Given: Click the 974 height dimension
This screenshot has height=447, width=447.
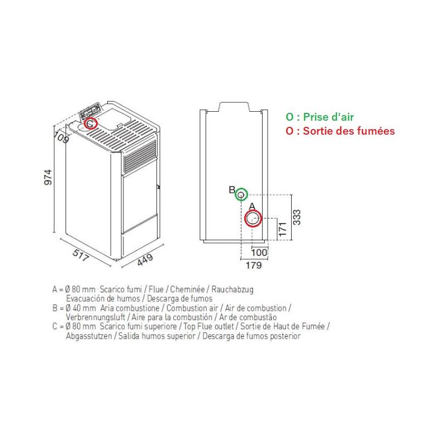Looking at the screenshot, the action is pyautogui.click(x=48, y=177).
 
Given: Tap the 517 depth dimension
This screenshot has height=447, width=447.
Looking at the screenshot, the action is pyautogui.click(x=81, y=255).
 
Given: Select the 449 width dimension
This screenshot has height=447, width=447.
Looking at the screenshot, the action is pyautogui.click(x=145, y=259).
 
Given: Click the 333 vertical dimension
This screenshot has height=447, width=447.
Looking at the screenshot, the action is pyautogui.click(x=297, y=217).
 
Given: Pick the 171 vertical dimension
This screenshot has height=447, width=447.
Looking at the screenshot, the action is pyautogui.click(x=282, y=229).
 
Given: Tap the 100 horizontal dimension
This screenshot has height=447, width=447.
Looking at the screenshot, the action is pyautogui.click(x=259, y=253).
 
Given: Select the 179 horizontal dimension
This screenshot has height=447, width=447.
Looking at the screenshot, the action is pyautogui.click(x=254, y=265).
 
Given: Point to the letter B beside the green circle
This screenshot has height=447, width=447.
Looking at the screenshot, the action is pyautogui.click(x=232, y=190).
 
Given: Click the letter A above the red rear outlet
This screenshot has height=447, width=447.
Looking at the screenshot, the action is pyautogui.click(x=252, y=206).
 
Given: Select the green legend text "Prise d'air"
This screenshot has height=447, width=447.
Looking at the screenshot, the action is pyautogui.click(x=328, y=117).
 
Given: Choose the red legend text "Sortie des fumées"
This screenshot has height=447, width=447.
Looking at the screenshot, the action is pyautogui.click(x=349, y=131).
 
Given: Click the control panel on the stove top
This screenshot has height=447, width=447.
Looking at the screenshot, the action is pyautogui.click(x=90, y=111).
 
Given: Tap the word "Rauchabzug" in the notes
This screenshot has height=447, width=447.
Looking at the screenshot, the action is pyautogui.click(x=232, y=289).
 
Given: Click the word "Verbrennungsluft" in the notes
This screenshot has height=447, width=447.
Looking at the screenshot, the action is pyautogui.click(x=95, y=317).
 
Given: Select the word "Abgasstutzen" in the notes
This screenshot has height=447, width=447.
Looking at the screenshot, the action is pyautogui.click(x=89, y=336).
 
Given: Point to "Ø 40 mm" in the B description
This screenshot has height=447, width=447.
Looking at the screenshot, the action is pyautogui.click(x=80, y=308).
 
